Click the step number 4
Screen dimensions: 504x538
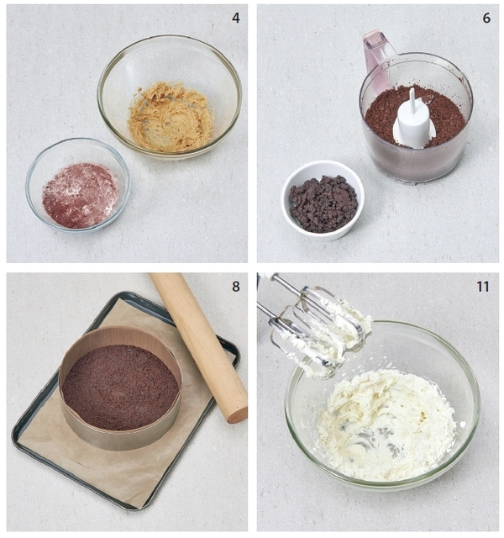(235, 18)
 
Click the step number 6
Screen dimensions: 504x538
(486, 18)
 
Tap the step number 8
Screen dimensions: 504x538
(235, 286)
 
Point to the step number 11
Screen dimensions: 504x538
(482, 286)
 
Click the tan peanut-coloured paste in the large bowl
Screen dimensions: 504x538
(171, 117)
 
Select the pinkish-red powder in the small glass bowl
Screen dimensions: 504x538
(81, 196)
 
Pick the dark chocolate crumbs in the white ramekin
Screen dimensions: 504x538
(323, 203)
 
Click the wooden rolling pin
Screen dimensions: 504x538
(199, 346)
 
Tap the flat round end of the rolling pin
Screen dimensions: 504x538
(239, 414)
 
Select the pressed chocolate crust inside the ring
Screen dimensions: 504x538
(121, 388)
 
